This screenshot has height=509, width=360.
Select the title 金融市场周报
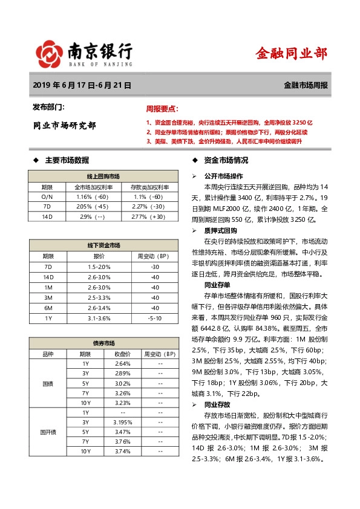306,86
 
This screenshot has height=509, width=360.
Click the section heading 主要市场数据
67,160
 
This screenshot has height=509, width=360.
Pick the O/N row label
47,197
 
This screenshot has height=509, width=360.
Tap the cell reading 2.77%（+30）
148,216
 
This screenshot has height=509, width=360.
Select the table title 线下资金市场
103,245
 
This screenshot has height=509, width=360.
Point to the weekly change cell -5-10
155,317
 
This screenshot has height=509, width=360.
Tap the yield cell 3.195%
123,421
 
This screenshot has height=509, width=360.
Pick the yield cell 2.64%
123,363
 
